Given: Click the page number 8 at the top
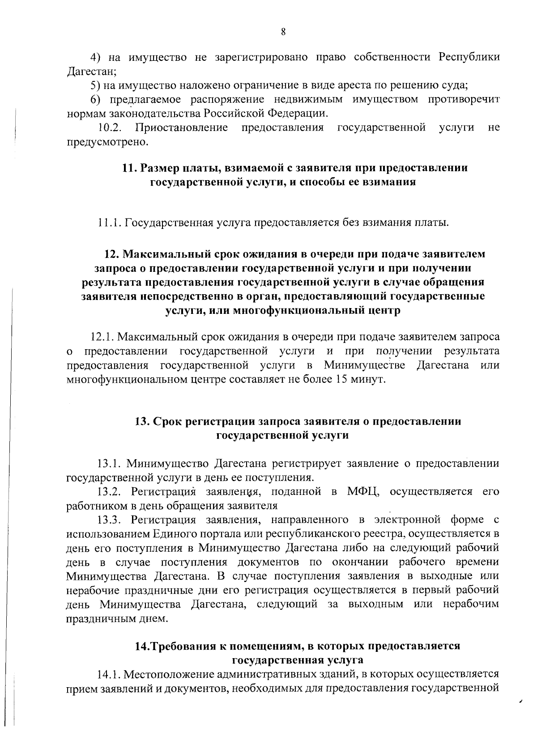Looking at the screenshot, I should point(283,31).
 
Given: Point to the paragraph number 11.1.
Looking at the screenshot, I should point(109,222).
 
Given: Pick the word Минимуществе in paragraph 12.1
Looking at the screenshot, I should point(365,365).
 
